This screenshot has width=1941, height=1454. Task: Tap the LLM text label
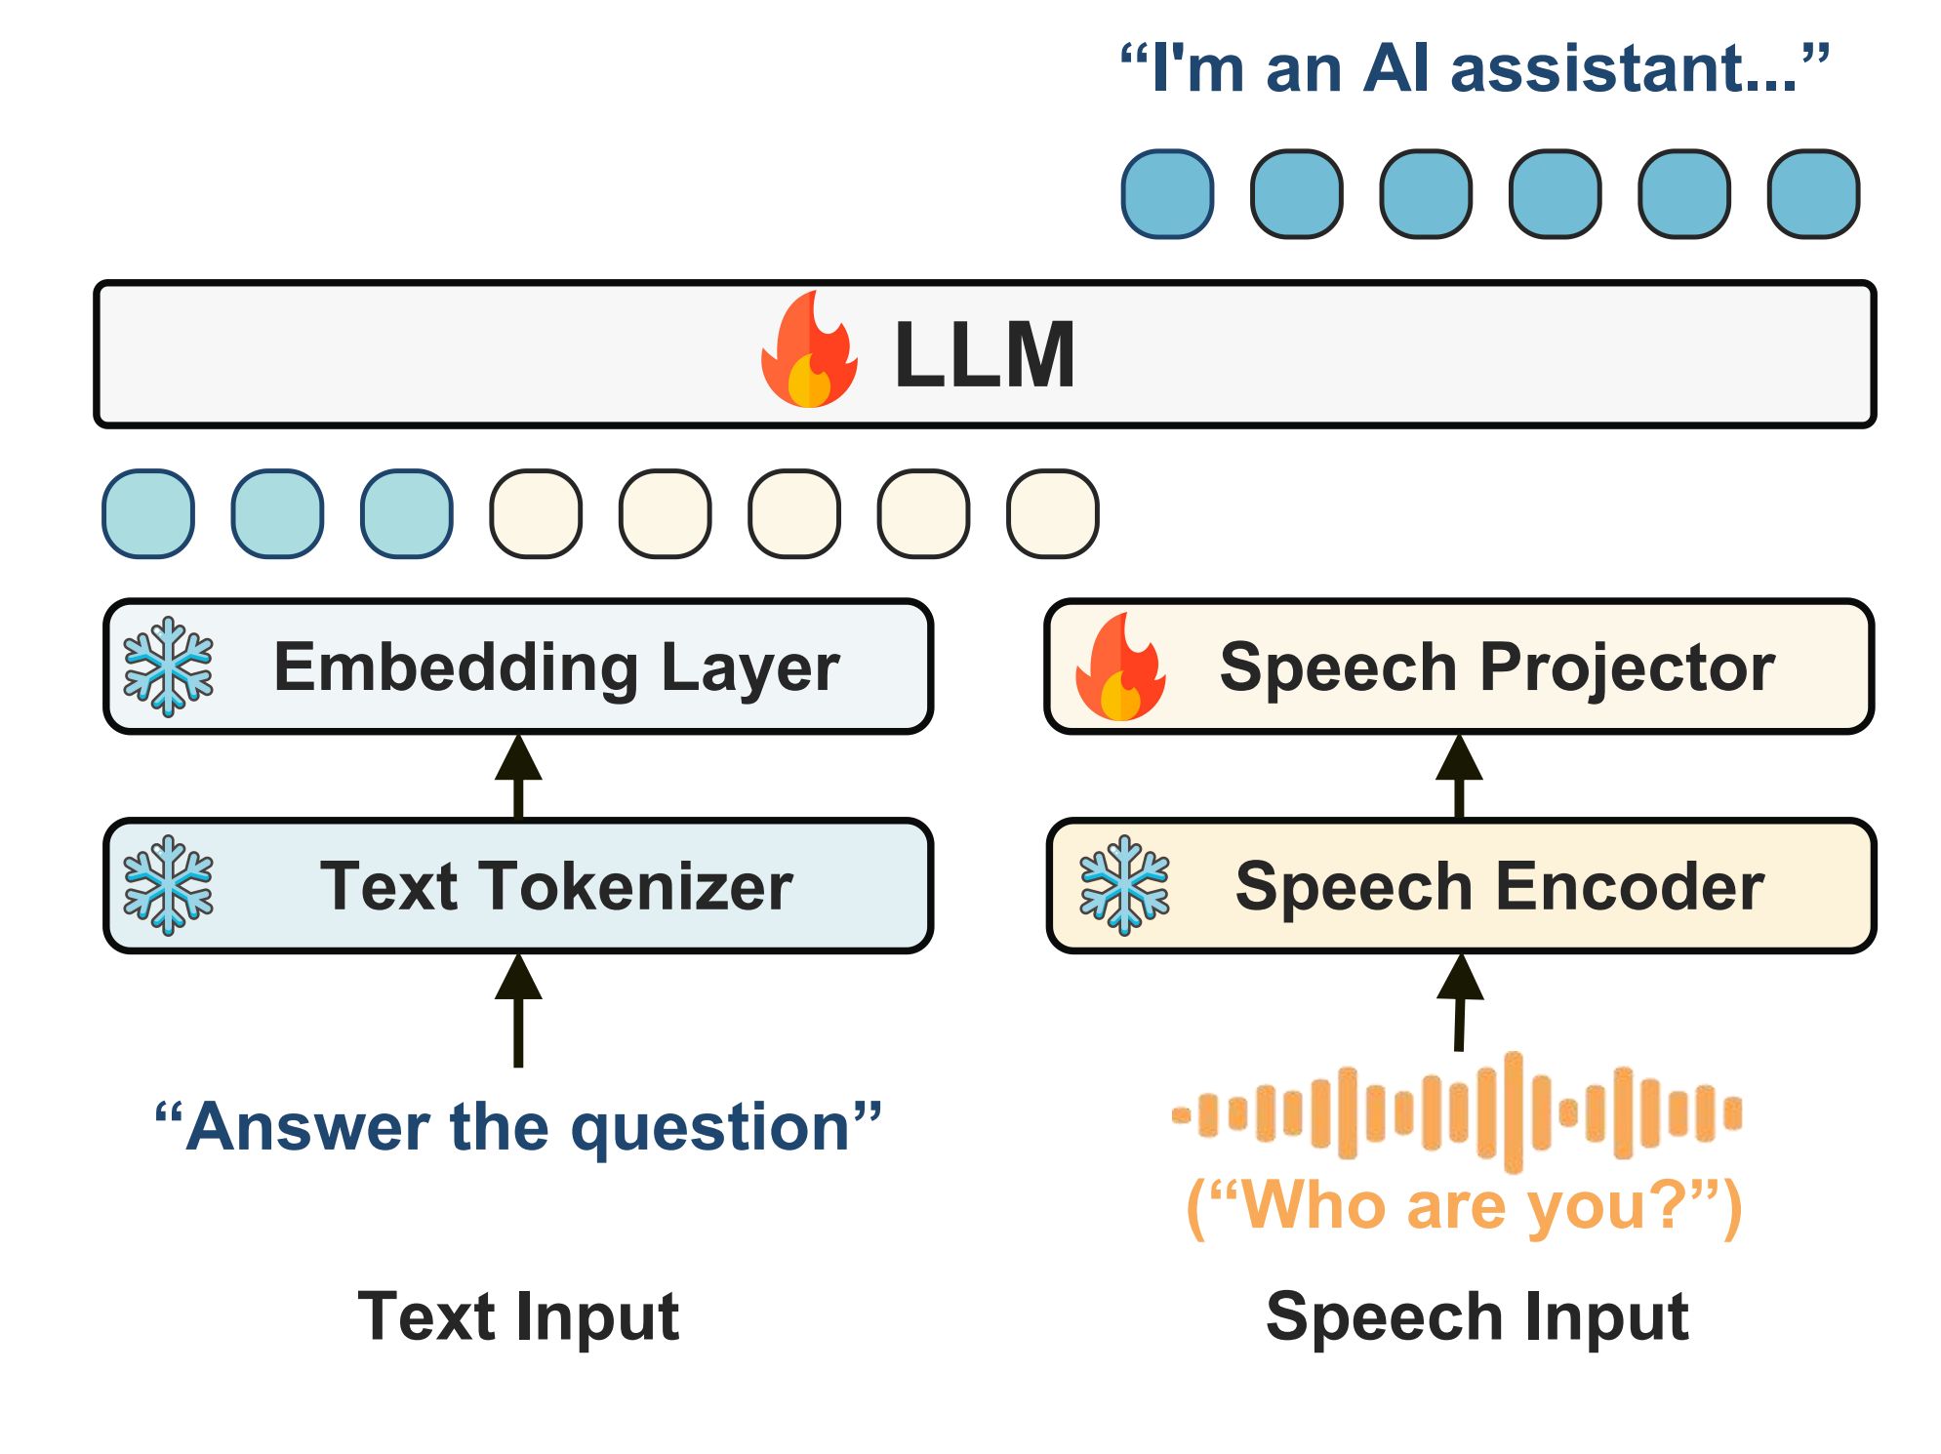985,355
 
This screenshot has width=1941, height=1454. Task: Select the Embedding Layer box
518,666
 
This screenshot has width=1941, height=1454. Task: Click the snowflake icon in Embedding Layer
168,666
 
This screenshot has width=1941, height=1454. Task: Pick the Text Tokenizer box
518,886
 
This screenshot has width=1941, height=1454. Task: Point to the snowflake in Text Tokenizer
168,885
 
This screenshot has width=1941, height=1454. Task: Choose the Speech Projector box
1459,666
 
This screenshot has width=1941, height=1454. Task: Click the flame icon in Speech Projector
1120,666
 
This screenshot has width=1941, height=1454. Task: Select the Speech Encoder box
1461,886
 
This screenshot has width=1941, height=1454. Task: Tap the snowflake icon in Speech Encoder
1124,885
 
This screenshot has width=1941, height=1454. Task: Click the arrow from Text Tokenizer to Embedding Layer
518,777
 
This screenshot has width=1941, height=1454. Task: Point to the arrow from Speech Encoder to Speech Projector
1459,777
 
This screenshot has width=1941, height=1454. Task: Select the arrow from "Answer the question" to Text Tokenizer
518,1010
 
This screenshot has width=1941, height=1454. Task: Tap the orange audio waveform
1456,1112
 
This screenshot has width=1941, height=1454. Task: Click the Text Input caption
518,1317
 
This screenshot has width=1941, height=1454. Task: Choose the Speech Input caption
1476,1317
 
